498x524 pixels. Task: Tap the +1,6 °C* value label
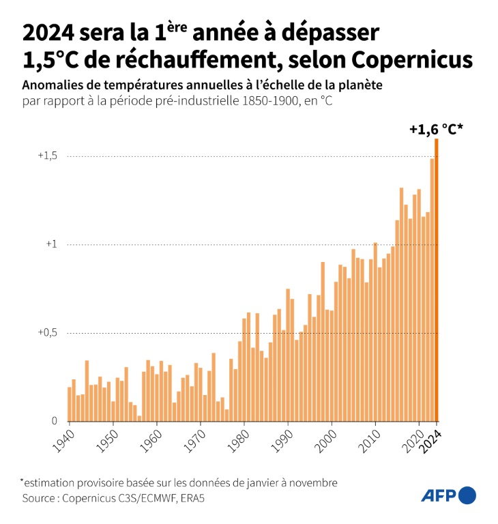[x=437, y=128]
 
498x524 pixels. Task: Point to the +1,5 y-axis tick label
[x=47, y=156]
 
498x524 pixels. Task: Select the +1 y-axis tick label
[x=51, y=245]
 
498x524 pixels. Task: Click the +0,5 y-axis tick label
[x=47, y=334]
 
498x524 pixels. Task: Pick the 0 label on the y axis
[x=55, y=422]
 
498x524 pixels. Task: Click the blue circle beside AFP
[x=467, y=495]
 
